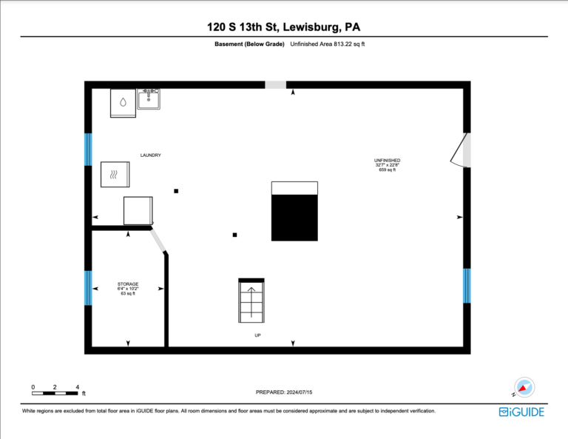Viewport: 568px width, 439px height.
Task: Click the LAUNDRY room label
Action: click(151, 155)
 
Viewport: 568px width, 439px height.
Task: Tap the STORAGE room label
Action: click(128, 284)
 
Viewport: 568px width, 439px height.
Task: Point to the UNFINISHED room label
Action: click(388, 160)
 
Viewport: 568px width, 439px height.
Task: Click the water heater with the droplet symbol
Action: click(124, 104)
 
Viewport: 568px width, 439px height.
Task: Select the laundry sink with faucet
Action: click(149, 99)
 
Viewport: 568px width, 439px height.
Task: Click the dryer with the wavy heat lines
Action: click(115, 175)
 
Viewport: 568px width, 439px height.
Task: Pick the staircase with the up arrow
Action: click(251, 301)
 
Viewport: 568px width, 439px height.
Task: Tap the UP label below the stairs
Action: click(257, 335)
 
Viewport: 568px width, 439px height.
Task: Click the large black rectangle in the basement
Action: click(294, 218)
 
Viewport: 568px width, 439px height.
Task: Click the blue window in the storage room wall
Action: click(88, 288)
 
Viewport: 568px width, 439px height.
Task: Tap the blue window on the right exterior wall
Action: click(467, 286)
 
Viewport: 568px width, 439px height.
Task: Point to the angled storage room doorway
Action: click(158, 241)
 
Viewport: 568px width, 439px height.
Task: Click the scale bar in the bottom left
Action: click(55, 393)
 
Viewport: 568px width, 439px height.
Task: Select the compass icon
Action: click(524, 387)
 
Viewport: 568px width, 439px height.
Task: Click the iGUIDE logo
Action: click(521, 412)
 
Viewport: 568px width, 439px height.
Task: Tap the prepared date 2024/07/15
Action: click(300, 392)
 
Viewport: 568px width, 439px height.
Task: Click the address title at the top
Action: click(284, 27)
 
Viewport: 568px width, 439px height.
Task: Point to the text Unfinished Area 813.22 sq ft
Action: click(328, 44)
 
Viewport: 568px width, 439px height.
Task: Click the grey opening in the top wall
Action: click(276, 85)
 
